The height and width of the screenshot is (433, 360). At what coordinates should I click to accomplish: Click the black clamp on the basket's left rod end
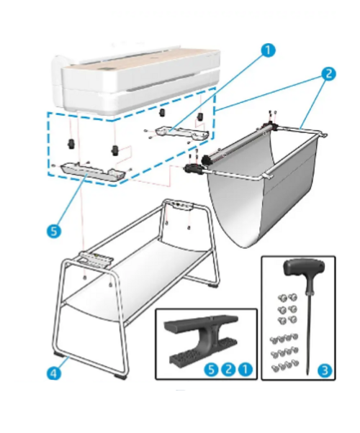pyautogui.click(x=192, y=168)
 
